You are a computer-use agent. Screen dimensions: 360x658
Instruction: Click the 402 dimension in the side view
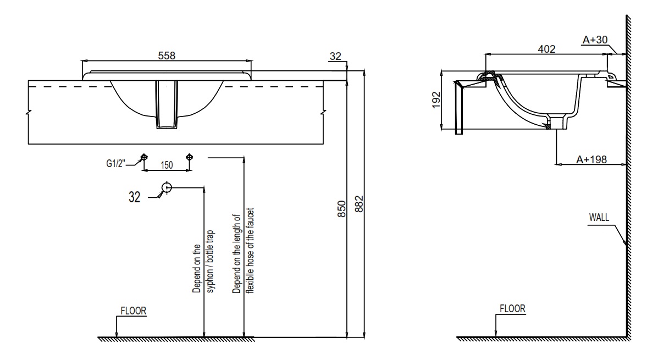tap(546, 49)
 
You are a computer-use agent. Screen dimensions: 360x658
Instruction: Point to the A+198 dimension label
tap(592, 159)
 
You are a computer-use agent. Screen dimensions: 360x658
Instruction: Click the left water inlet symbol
tap(144, 157)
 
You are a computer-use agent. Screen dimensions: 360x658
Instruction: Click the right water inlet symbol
tap(190, 157)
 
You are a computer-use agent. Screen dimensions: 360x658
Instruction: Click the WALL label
tap(599, 217)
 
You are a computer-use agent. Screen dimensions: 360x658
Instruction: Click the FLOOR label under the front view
tap(134, 311)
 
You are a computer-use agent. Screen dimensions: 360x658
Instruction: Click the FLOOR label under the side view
tap(512, 309)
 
